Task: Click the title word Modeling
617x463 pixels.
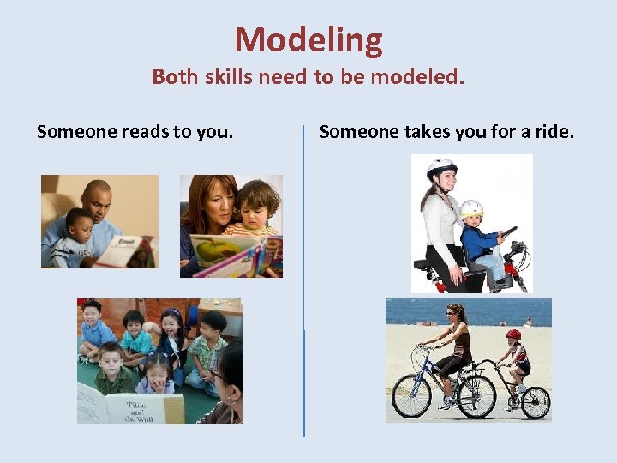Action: tap(308, 40)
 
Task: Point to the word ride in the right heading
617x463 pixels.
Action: tap(554, 132)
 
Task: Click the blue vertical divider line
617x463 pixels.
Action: tap(304, 283)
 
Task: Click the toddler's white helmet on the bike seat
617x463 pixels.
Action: tap(471, 208)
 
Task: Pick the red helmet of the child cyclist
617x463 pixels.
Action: tap(513, 334)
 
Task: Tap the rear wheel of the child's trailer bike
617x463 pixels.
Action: tap(536, 402)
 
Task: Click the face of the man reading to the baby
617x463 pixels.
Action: tap(98, 202)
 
